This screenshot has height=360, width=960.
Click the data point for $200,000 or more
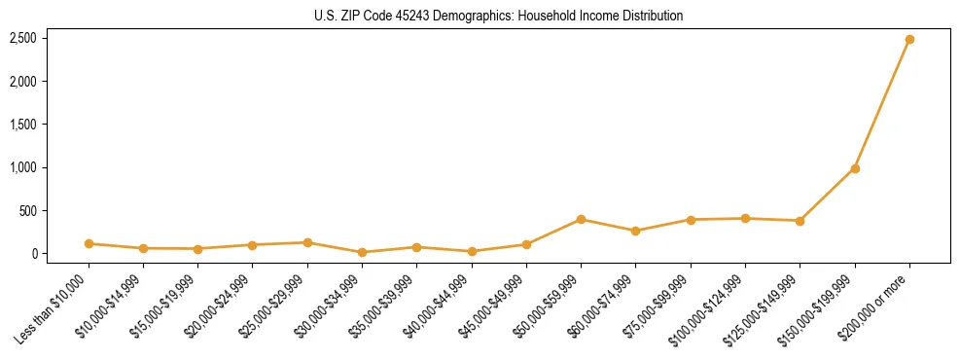tap(909, 40)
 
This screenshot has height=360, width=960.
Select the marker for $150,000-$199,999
tap(855, 168)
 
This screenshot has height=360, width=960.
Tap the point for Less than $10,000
tap(89, 243)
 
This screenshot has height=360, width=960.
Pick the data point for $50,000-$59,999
tap(581, 219)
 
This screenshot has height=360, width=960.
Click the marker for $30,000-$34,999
tap(362, 252)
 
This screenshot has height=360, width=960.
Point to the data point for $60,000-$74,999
tap(635, 231)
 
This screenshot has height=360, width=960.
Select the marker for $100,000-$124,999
tap(745, 218)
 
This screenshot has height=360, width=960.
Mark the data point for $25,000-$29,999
tap(307, 242)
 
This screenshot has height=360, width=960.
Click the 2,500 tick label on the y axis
tap(23, 38)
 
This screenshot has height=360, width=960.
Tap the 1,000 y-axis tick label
tap(23, 167)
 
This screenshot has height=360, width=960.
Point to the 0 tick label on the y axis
tap(33, 254)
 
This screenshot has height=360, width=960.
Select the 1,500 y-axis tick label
tap(23, 125)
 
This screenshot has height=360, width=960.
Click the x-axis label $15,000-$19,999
tap(163, 306)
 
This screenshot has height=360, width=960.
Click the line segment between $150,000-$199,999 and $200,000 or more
tap(882, 104)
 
